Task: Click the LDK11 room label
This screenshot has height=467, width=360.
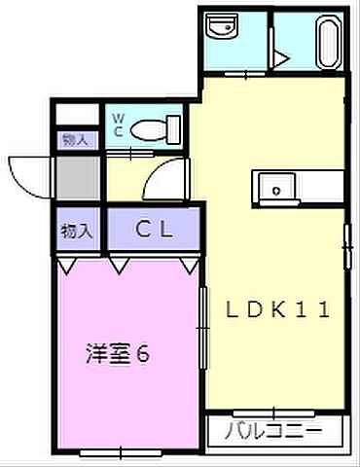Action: (279, 311)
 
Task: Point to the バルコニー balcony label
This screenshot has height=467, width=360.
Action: (273, 430)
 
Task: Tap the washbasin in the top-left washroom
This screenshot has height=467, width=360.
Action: (222, 27)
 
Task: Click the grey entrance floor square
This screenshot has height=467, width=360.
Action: (76, 177)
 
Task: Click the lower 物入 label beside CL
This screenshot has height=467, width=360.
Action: (77, 232)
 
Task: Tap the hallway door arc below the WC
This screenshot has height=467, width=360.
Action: (165, 177)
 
